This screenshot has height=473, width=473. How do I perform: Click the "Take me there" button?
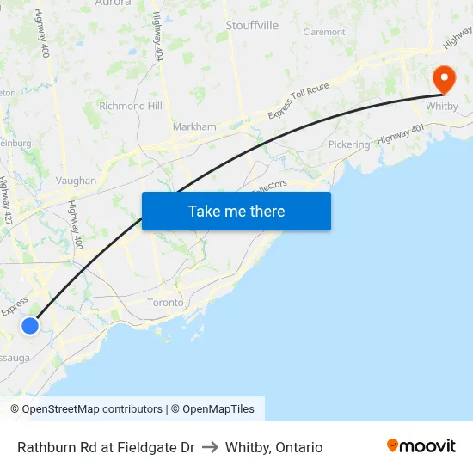[x=236, y=212]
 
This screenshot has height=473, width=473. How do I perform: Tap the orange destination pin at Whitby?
[x=444, y=80]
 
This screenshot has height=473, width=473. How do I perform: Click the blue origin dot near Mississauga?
[x=30, y=325]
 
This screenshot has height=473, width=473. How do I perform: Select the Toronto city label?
[x=166, y=303]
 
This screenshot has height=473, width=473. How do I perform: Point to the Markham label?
[x=194, y=126]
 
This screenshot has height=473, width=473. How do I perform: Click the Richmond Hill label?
[x=131, y=106]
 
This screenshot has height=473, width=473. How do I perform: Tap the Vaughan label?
[x=76, y=181]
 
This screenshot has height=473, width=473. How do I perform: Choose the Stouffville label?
[x=252, y=26]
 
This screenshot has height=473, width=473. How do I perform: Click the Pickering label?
[x=349, y=145]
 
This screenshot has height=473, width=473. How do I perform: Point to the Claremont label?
[x=324, y=33]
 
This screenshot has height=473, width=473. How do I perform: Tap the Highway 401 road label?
[x=401, y=135]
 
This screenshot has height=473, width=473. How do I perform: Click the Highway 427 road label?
[x=6, y=201]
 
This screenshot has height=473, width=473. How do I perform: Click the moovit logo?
[x=421, y=445]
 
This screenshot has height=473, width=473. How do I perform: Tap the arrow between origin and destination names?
[x=210, y=447]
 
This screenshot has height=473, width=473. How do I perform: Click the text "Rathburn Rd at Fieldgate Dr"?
[x=106, y=447]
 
